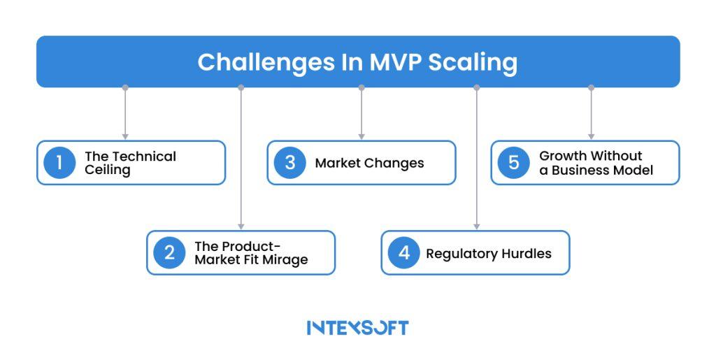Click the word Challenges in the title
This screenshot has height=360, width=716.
(x=256, y=62)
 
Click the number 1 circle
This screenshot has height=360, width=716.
(x=59, y=163)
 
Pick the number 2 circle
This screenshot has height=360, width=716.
(x=169, y=252)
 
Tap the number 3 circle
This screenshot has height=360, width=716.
(x=289, y=163)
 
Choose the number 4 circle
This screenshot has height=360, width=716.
(x=403, y=252)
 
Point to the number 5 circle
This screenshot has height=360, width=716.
(x=513, y=163)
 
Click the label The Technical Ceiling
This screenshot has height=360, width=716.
(x=130, y=163)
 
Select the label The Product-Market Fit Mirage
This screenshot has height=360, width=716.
(x=250, y=252)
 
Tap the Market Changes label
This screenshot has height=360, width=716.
(x=369, y=163)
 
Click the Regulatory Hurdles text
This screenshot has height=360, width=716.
(x=488, y=253)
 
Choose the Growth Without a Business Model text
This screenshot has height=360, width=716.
(x=596, y=163)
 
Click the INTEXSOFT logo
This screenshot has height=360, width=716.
(x=357, y=327)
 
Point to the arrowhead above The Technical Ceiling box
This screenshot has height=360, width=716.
(x=125, y=136)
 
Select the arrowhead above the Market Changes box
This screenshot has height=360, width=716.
(x=361, y=136)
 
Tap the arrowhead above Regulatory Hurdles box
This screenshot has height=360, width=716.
(x=477, y=226)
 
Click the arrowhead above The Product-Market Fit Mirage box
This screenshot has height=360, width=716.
(x=241, y=226)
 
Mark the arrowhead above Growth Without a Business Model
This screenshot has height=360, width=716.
(x=591, y=136)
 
